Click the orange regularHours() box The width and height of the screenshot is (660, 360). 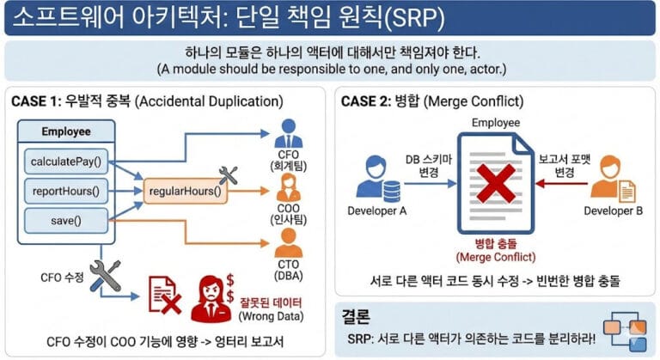(x=186, y=191)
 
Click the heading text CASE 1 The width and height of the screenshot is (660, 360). (x=34, y=101)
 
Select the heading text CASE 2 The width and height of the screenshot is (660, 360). (x=365, y=101)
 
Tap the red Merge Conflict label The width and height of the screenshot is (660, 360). (x=497, y=250)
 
